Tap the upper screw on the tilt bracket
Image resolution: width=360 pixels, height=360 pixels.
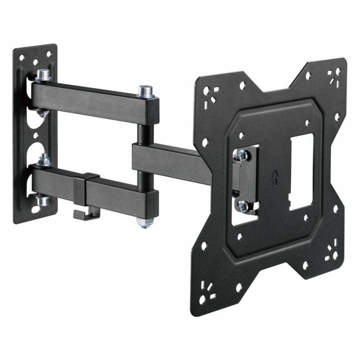click(242, 155)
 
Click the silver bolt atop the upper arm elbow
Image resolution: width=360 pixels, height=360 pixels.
click(146, 91)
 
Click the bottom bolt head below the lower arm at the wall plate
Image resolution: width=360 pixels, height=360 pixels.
click(42, 200)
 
